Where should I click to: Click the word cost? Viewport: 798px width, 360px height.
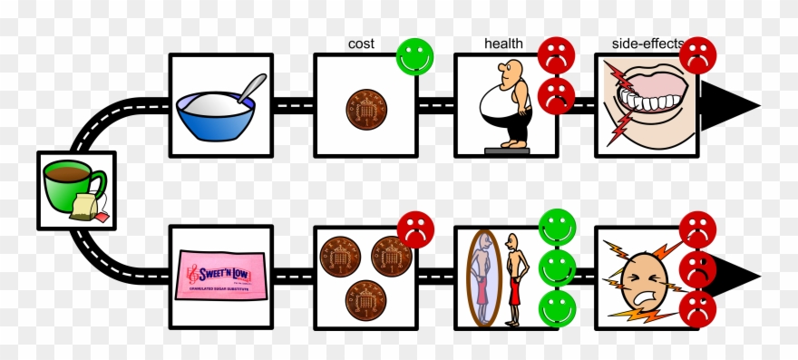[x=361, y=44]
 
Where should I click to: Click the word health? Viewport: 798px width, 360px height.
[x=503, y=44]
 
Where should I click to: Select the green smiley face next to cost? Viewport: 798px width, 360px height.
[x=415, y=55]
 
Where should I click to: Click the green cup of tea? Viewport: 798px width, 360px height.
[x=73, y=186]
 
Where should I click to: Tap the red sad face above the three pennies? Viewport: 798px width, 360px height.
[x=415, y=229]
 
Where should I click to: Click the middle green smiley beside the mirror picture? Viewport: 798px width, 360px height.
[x=557, y=268]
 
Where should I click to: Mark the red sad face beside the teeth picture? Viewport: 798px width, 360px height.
[x=697, y=55]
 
